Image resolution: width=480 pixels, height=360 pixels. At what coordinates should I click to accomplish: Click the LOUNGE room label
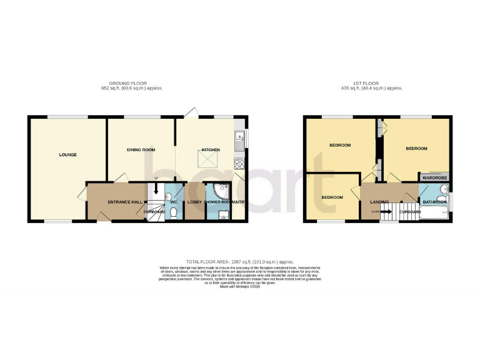(x=67, y=154)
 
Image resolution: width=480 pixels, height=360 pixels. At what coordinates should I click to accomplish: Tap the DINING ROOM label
(x=141, y=150)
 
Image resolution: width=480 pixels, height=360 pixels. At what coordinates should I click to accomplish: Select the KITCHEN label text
(x=210, y=150)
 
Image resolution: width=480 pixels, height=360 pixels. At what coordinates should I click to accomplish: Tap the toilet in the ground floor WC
(x=174, y=212)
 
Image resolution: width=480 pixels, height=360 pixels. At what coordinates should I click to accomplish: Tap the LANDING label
(x=379, y=202)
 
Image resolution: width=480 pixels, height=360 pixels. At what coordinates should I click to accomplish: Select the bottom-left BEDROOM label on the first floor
(x=332, y=197)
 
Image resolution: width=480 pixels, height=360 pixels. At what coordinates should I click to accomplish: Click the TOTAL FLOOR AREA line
(x=239, y=262)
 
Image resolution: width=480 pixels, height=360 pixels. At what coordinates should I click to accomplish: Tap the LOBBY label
(x=193, y=202)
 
